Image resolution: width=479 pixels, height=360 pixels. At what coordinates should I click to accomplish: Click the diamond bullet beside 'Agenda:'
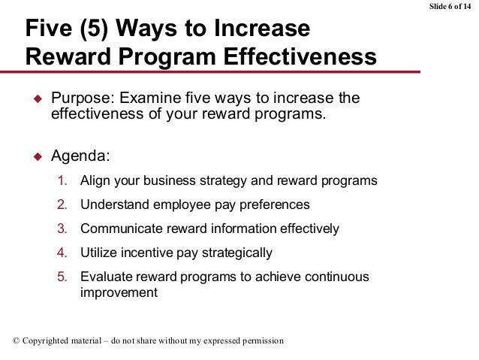35,158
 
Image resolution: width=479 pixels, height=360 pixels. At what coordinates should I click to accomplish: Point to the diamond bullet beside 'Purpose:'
35,99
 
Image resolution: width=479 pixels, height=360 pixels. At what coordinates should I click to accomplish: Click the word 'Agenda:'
79,158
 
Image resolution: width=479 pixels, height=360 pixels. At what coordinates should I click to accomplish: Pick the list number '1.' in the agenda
64,182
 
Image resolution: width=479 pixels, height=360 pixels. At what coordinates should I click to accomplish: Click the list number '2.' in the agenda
64,205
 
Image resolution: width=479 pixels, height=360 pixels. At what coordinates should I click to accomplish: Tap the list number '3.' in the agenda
64,228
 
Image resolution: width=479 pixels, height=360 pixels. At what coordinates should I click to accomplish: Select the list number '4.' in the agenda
64,252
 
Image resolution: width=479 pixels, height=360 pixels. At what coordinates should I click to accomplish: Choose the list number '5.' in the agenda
64,276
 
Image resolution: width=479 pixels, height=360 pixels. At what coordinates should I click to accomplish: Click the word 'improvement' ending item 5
119,292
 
